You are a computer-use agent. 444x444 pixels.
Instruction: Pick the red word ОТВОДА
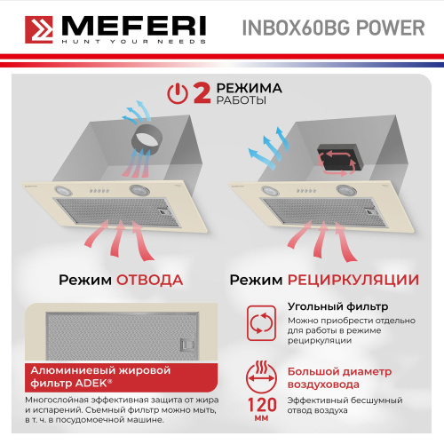click(149, 281)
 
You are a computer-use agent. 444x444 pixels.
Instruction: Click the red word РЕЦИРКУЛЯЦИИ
click(353, 281)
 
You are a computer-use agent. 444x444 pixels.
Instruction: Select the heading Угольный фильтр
click(325, 307)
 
